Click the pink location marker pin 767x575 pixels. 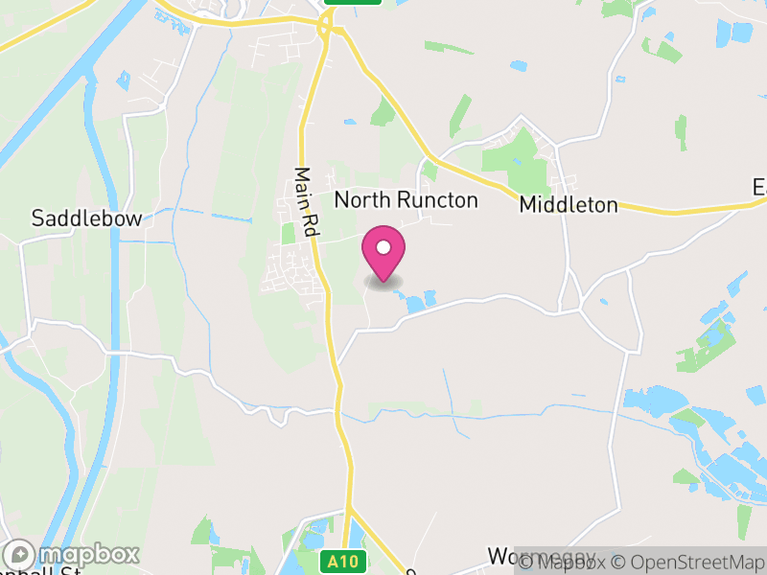click(383, 255)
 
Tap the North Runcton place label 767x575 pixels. click(406, 200)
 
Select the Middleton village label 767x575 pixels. click(569, 205)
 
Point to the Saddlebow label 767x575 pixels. click(86, 218)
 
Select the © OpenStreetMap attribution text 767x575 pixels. click(687, 562)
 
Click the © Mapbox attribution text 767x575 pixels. click(566, 562)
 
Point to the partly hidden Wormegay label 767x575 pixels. click(541, 557)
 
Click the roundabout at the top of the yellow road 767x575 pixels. click(332, 29)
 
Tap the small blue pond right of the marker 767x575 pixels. click(415, 304)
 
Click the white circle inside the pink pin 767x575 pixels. click(383, 247)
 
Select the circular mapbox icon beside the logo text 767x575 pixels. click(21, 555)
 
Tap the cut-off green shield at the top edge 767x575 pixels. click(352, 2)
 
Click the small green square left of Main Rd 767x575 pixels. click(288, 233)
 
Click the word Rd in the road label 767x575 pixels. click(311, 225)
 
